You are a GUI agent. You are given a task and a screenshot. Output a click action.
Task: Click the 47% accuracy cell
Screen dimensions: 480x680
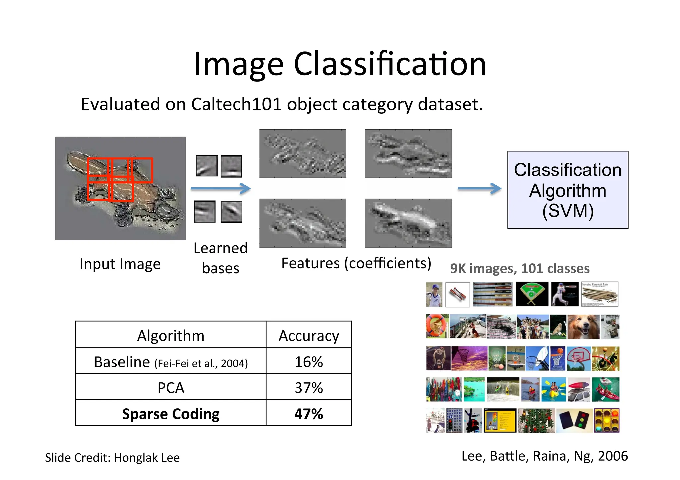pyautogui.click(x=308, y=414)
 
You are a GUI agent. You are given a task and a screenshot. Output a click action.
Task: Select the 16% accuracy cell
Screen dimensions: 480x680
pyautogui.click(x=308, y=362)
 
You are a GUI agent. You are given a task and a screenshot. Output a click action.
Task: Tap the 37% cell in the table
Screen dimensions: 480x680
pyautogui.click(x=308, y=387)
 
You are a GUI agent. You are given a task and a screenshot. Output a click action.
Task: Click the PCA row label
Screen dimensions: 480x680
pyautogui.click(x=171, y=387)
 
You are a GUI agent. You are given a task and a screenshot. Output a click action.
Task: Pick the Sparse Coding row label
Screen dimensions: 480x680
pyautogui.click(x=171, y=414)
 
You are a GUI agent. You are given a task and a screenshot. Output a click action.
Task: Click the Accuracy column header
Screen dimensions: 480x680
pyautogui.click(x=308, y=336)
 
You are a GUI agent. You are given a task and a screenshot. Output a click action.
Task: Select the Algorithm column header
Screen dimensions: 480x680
pyautogui.click(x=171, y=336)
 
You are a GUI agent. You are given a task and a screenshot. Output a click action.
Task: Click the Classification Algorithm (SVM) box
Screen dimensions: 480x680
pyautogui.click(x=567, y=190)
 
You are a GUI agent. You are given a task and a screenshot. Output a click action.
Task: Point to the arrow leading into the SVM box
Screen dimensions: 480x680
pyautogui.click(x=479, y=188)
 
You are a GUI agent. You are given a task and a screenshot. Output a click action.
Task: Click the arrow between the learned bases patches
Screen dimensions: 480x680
pyautogui.click(x=220, y=188)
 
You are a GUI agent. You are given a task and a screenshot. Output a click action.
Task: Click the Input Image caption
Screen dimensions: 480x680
pyautogui.click(x=120, y=264)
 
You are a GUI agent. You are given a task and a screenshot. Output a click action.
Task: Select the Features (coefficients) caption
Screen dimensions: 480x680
pyautogui.click(x=356, y=263)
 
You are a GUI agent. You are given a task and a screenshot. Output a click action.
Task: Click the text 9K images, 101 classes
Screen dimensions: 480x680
pyautogui.click(x=520, y=268)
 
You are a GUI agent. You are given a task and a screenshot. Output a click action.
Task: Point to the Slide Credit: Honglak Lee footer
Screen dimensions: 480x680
pyautogui.click(x=112, y=457)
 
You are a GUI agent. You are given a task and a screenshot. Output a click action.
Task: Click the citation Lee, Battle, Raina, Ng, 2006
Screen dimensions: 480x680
pyautogui.click(x=544, y=456)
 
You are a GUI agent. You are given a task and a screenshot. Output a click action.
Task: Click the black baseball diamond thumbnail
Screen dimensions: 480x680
pyautogui.click(x=532, y=294)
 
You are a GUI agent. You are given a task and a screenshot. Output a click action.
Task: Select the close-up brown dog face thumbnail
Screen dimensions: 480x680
pyautogui.click(x=583, y=327)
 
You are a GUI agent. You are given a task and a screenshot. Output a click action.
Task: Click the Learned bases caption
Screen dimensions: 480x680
pyautogui.click(x=220, y=258)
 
